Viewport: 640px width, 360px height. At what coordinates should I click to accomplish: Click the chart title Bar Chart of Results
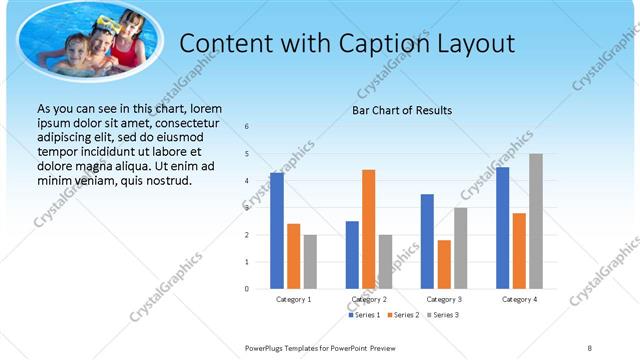pyautogui.click(x=401, y=110)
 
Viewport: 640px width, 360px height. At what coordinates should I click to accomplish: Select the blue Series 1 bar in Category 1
pyautogui.click(x=276, y=230)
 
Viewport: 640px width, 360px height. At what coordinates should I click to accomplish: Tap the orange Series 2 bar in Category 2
pyautogui.click(x=368, y=229)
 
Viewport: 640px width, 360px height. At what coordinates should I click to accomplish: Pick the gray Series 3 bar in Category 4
pyautogui.click(x=536, y=221)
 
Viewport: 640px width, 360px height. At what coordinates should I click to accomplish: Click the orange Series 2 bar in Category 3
pyautogui.click(x=444, y=264)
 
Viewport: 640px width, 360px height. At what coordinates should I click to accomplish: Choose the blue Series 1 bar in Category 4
pyautogui.click(x=502, y=227)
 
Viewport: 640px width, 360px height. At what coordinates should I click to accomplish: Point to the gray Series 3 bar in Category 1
pyautogui.click(x=310, y=261)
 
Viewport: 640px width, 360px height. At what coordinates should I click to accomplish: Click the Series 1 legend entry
pyautogui.click(x=364, y=315)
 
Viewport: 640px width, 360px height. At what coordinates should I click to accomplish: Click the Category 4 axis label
pyautogui.click(x=519, y=299)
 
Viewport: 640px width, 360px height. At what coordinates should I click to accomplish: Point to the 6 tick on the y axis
pyautogui.click(x=247, y=127)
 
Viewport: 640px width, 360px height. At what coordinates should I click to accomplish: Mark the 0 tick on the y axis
pyautogui.click(x=247, y=289)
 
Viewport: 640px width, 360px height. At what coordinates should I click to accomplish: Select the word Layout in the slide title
pyautogui.click(x=468, y=44)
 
